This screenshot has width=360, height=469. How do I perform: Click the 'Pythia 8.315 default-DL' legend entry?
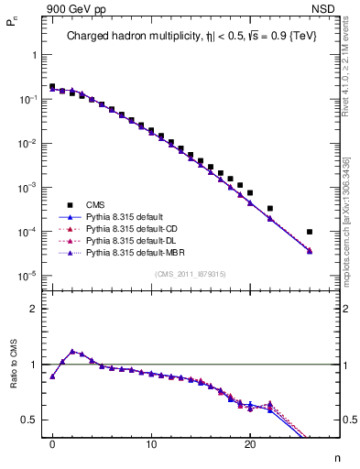[x=134, y=240]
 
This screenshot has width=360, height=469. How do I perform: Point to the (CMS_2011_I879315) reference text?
[x=191, y=274]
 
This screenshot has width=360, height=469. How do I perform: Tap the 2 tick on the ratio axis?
[x=35, y=309]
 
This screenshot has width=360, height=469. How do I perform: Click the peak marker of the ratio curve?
[x=72, y=351]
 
